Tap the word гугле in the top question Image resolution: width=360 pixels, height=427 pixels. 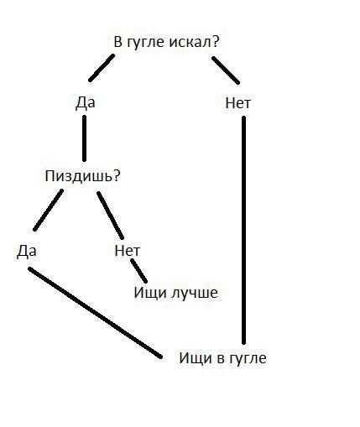(x=145, y=43)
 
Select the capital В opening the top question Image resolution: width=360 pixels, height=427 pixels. (x=118, y=42)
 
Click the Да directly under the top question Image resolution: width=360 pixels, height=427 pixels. (x=86, y=102)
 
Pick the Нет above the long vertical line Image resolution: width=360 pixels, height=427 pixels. (x=238, y=103)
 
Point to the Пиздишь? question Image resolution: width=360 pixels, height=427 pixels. (x=82, y=176)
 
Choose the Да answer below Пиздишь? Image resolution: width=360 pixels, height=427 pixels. (x=27, y=251)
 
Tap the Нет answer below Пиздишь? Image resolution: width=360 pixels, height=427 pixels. (x=128, y=250)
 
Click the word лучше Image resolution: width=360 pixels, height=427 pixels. (x=195, y=293)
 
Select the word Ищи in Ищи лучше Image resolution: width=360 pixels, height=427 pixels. (x=150, y=294)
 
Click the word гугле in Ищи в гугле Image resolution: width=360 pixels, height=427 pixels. (x=248, y=359)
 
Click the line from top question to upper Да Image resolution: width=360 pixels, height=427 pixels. (x=102, y=68)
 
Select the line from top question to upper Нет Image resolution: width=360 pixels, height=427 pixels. (x=226, y=70)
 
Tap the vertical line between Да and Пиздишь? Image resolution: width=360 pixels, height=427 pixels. (x=85, y=138)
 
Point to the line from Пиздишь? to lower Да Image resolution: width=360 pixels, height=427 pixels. (x=48, y=211)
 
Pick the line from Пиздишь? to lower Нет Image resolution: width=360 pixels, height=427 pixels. (x=110, y=216)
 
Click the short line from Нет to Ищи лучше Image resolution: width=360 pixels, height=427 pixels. (x=138, y=271)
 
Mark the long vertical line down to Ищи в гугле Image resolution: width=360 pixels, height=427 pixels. (x=243, y=230)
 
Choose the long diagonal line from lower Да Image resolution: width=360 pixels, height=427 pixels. (x=95, y=313)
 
